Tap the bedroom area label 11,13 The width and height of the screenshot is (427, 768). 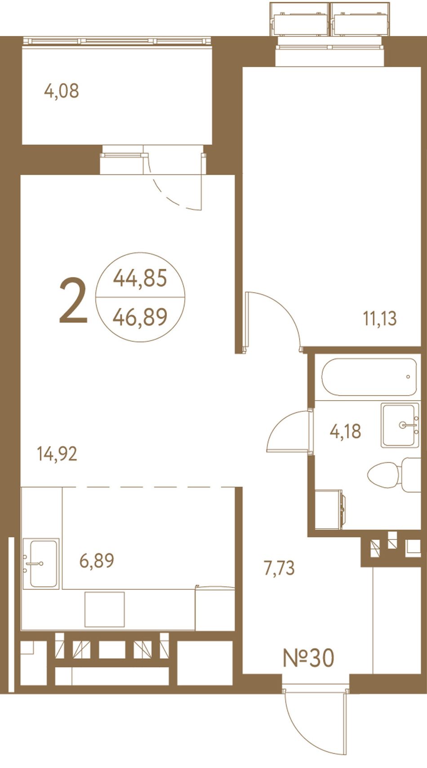(x=380, y=318)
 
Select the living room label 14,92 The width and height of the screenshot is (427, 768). (x=57, y=454)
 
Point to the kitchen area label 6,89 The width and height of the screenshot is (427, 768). (x=97, y=561)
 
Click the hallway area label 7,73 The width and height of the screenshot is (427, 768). (x=279, y=568)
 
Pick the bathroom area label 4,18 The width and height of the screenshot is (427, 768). (x=346, y=431)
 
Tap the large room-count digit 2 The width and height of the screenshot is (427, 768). (x=73, y=301)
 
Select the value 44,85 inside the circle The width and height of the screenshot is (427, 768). (x=140, y=278)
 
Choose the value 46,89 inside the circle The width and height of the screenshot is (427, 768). (x=140, y=317)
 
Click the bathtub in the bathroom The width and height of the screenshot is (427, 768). (x=369, y=377)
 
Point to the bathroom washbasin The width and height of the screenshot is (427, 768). (x=400, y=425)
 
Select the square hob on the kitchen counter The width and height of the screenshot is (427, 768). (x=105, y=609)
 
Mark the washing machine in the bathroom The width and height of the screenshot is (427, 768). (x=330, y=509)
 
